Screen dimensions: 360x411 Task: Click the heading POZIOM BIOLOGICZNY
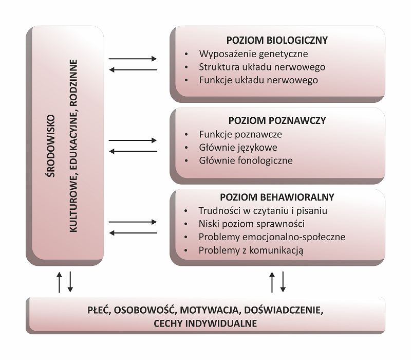(x=277, y=40)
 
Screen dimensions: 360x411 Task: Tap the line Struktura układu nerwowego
(x=261, y=67)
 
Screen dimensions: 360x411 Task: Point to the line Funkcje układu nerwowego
(x=258, y=80)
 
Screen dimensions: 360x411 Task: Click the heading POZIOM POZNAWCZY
(x=277, y=121)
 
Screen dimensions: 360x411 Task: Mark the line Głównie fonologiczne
(x=246, y=160)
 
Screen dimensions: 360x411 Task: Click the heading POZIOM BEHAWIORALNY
(x=277, y=197)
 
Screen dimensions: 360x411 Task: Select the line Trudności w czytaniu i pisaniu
(x=263, y=210)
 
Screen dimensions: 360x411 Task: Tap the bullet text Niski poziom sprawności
(x=251, y=224)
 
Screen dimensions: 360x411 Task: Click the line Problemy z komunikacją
(x=251, y=250)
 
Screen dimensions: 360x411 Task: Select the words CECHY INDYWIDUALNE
(x=205, y=323)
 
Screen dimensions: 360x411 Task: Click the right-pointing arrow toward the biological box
(x=133, y=59)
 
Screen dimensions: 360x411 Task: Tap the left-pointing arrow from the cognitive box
(x=133, y=151)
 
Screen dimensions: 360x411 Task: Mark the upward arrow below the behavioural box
(x=273, y=281)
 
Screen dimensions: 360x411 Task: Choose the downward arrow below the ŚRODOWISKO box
(x=70, y=281)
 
